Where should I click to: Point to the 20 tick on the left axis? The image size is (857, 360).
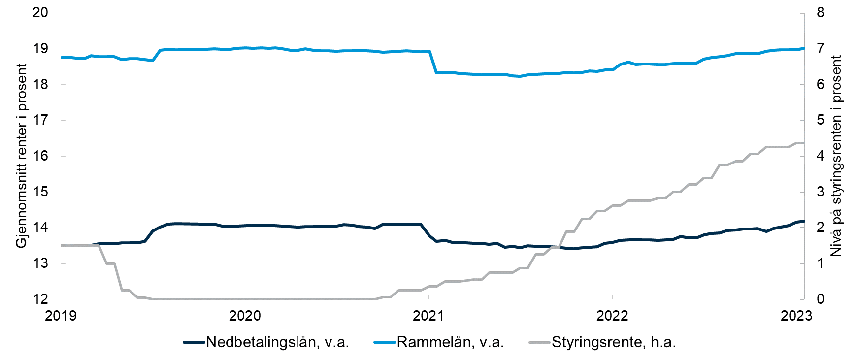pos(40,13)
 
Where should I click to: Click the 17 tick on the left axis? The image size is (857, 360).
pos(40,120)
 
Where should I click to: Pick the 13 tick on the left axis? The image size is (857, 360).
pos(40,263)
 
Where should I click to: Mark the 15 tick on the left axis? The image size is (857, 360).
pos(40,192)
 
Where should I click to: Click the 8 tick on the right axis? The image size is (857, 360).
pos(820,13)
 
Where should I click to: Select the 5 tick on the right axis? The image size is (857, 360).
pos(820,120)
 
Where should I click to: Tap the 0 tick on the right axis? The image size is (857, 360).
pos(820,299)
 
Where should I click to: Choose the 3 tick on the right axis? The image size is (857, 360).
pos(820,192)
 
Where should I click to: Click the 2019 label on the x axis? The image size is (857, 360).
pos(61,316)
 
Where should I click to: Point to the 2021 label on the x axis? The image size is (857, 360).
pos(428,316)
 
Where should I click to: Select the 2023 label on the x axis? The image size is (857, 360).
pos(796,316)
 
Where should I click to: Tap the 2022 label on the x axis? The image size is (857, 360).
pos(612,316)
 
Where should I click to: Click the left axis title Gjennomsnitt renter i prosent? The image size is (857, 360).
pos(22,156)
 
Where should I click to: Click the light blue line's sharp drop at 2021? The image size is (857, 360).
pos(433,62)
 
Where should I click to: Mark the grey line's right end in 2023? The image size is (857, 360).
pos(803,143)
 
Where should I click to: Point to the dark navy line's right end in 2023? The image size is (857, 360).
pos(803,221)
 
